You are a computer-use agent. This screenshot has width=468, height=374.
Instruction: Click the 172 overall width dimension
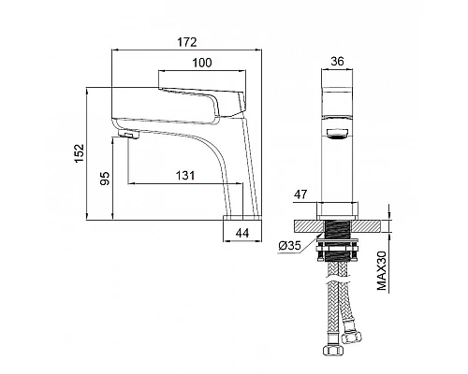coord(187,42)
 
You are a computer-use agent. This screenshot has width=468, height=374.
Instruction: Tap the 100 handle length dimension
coord(202,63)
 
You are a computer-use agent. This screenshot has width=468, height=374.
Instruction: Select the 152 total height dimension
coord(80,152)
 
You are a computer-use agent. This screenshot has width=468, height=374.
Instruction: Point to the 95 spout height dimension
coord(105,179)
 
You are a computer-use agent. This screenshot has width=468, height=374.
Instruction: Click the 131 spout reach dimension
coord(185,176)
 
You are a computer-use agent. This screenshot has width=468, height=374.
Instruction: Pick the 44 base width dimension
coord(242,233)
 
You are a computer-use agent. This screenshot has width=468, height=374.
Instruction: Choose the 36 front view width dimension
coord(337,62)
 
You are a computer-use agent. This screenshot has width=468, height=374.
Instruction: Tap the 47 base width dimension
coord(300,194)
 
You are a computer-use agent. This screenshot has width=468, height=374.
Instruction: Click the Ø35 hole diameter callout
coord(289,246)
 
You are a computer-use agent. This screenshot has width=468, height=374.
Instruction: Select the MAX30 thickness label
coord(382,270)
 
